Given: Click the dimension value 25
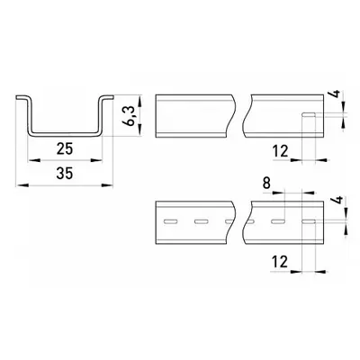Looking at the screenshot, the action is coord(65,148).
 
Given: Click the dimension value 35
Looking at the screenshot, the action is coord(65,173).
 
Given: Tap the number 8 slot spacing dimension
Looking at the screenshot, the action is coord(266,183).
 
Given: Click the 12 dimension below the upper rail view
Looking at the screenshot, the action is coord(281,151).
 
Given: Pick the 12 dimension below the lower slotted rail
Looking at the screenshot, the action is coord(280,262).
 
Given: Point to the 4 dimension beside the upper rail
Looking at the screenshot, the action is coord(337,94).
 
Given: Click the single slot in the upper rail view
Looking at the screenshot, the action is coord(309,114).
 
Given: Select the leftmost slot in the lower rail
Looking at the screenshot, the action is coord(170,222).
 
